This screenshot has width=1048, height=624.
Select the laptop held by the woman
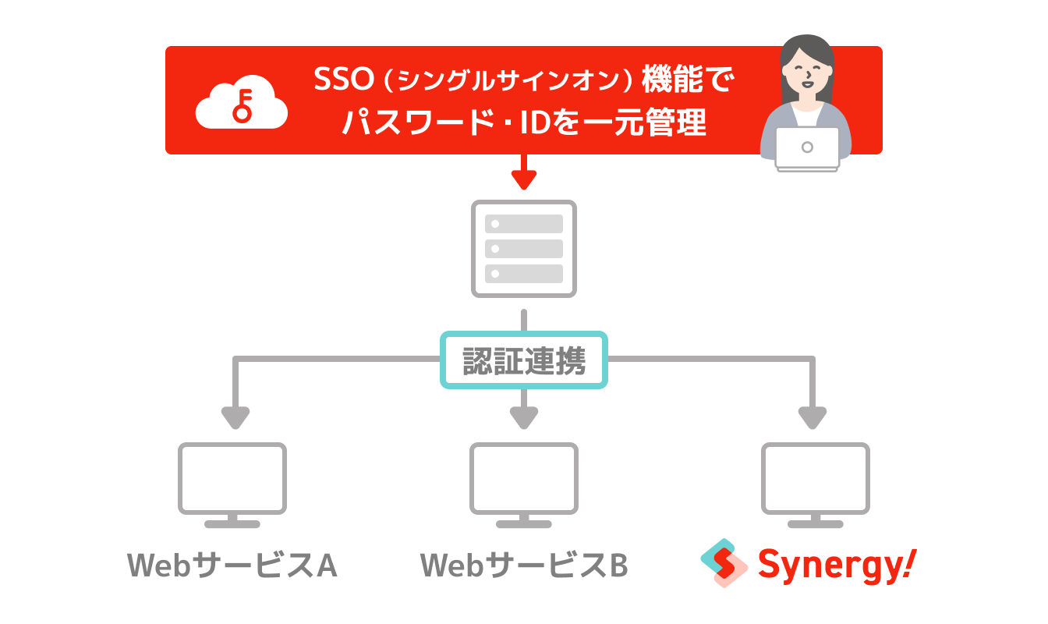[x=807, y=148]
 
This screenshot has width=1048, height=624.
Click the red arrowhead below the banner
[x=524, y=180]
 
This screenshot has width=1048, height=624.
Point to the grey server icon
[x=524, y=249]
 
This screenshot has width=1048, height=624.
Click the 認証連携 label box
[x=524, y=360]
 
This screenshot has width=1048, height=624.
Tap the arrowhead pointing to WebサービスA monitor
[x=234, y=418]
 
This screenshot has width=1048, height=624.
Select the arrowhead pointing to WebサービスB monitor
[x=524, y=418]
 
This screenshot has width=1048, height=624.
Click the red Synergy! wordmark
[x=837, y=565]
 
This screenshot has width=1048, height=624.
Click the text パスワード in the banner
[x=414, y=124]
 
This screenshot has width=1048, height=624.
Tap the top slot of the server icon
[x=524, y=224]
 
